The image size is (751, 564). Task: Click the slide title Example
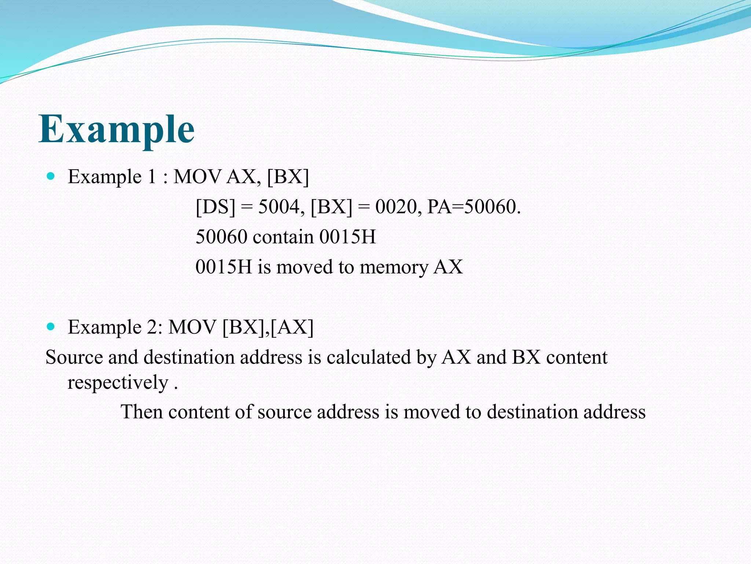click(x=117, y=130)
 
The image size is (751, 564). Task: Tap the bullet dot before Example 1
click(x=51, y=176)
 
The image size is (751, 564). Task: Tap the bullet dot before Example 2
click(x=51, y=326)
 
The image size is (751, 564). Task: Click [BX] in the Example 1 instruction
click(x=288, y=177)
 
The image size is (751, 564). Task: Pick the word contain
click(x=283, y=237)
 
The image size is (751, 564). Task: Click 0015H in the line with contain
click(x=347, y=237)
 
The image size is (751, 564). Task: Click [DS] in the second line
click(x=215, y=207)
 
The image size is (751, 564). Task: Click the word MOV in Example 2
click(x=192, y=327)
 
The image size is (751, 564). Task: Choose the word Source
click(x=74, y=357)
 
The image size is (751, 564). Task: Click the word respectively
click(x=118, y=383)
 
